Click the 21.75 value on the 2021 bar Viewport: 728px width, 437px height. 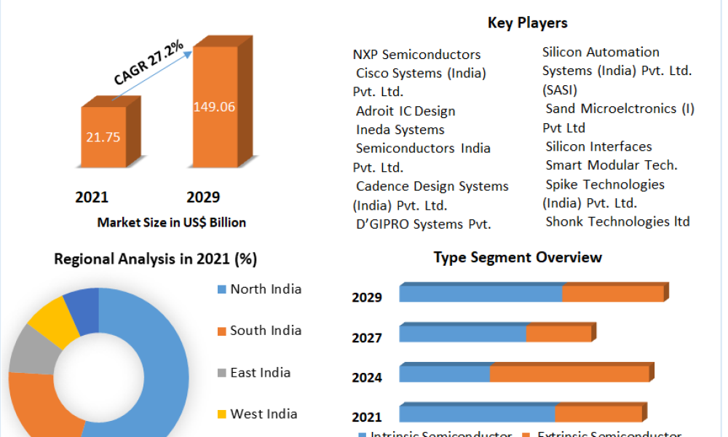click(103, 137)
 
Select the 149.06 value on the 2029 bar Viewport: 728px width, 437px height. click(214, 107)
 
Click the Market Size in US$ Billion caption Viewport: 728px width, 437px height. click(172, 223)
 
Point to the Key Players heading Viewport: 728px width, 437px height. click(527, 23)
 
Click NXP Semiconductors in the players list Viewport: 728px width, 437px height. click(416, 55)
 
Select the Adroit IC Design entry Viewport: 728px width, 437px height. click(405, 111)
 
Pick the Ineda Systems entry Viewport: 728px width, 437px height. click(400, 130)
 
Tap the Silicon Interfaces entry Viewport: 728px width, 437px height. click(598, 146)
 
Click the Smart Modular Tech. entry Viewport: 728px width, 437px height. click(611, 165)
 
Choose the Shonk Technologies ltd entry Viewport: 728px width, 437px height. click(617, 221)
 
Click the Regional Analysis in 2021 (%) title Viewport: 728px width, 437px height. click(155, 259)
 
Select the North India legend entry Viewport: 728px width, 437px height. click(265, 289)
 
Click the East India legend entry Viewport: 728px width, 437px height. click(260, 373)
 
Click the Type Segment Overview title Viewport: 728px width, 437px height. click(518, 257)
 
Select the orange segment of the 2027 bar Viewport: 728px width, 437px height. click(558, 334)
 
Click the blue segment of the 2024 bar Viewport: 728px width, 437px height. click(444, 374)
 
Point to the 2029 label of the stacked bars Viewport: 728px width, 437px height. click(367, 297)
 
